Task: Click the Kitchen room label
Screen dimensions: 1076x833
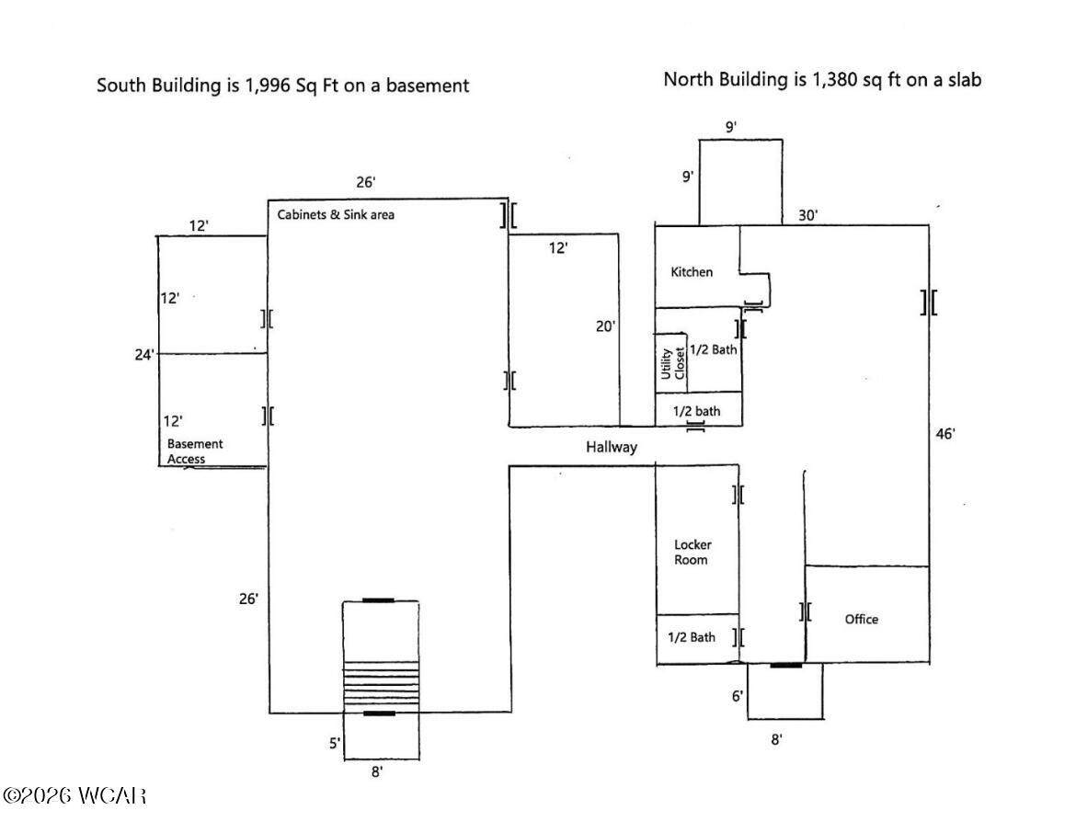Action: pos(691,272)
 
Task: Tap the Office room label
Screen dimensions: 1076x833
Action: pos(861,619)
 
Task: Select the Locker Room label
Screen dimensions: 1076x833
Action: pos(692,553)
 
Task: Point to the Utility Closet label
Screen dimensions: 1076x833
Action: pos(672,362)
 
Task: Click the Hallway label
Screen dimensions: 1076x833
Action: pos(612,448)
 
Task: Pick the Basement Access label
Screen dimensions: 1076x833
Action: pos(195,451)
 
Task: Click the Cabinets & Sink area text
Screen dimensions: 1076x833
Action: pos(336,215)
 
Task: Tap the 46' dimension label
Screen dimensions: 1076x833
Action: pos(944,434)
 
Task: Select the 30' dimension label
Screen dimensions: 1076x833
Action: pos(807,215)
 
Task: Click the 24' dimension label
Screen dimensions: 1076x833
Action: pos(144,355)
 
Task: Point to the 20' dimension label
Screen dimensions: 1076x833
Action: pos(604,326)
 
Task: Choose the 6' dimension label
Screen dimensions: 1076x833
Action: pos(737,696)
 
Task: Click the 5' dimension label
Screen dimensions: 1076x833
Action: pos(334,743)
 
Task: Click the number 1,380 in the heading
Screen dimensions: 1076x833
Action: pos(834,80)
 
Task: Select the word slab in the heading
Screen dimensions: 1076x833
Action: pos(965,80)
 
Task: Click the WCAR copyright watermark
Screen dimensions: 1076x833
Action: pos(74,795)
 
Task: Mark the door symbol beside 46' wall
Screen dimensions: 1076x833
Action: pos(929,302)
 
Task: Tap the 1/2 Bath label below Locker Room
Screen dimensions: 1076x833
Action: pos(691,637)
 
